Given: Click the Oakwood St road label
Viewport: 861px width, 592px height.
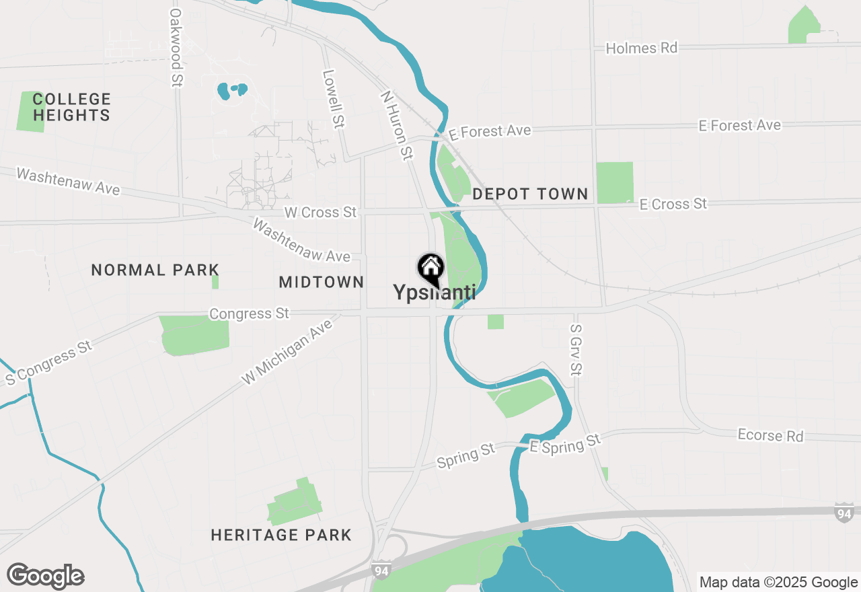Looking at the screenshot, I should coord(176,46).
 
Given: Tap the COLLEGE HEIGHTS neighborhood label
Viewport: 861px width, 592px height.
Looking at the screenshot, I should coord(71,108).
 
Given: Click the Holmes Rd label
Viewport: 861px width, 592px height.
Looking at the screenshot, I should coord(641,48).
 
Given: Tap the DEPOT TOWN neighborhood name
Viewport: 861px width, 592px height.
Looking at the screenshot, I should coord(530,194).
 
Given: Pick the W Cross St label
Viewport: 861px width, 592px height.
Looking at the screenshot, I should coord(320,213).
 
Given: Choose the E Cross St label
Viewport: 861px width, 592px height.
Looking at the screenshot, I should coord(673,204).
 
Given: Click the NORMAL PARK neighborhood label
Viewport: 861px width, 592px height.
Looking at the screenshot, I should coord(155,270).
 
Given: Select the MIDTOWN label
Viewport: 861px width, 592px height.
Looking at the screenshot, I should coord(322,283).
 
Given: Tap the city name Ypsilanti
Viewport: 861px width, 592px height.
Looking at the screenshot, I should coord(435,293).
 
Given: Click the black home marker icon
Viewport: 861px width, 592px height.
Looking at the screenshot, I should coord(430,268).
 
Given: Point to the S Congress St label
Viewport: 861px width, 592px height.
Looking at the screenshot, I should coord(48,363).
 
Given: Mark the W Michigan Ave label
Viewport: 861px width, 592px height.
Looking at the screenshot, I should coord(287,352).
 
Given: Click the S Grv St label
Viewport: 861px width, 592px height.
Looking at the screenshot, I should coord(575,350).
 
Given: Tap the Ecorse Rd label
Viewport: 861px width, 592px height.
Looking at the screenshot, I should coord(770,435).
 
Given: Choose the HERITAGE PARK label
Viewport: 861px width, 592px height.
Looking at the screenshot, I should coord(281,535).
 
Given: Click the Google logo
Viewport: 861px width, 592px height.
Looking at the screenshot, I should coord(46,576).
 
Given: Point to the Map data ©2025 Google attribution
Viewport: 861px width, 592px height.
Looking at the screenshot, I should coord(778,583).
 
